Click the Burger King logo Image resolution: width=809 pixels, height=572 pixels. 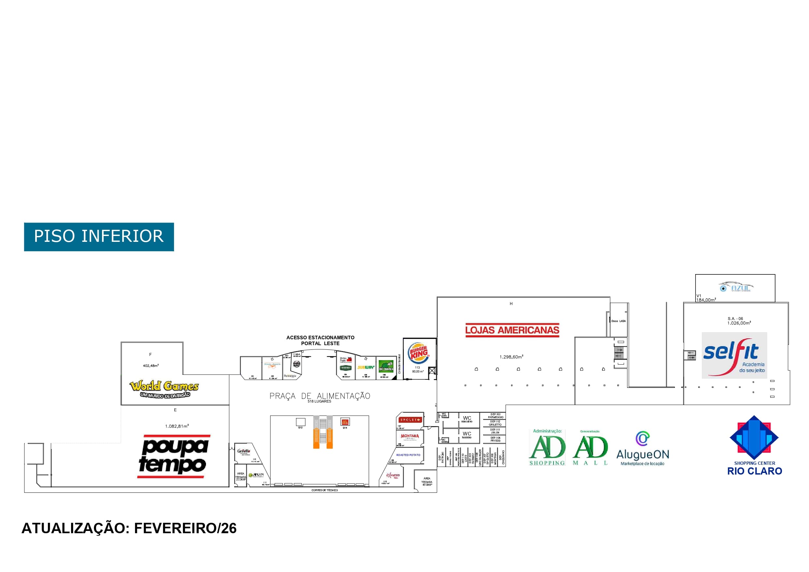418,352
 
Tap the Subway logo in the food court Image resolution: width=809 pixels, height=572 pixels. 365,367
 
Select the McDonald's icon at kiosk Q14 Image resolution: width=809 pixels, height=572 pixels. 345,422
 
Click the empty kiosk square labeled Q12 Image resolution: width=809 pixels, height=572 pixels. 300,422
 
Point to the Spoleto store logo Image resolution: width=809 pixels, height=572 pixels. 409,420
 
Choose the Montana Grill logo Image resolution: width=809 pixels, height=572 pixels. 409,437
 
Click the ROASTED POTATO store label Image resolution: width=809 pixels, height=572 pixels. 408,455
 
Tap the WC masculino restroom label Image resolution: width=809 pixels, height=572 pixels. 467,419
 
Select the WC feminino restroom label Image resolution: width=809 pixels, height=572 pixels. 467,435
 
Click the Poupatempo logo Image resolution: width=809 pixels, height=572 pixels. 173,457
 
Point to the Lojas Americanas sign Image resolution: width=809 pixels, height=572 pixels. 512,330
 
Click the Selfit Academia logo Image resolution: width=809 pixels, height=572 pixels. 734,355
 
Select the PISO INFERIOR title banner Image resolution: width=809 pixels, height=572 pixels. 99,237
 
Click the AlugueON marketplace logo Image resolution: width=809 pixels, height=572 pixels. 642,449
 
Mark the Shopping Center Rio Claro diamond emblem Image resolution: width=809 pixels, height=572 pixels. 754,437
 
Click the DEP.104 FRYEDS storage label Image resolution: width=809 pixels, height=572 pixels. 495,439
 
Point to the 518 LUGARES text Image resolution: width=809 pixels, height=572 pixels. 319,402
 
